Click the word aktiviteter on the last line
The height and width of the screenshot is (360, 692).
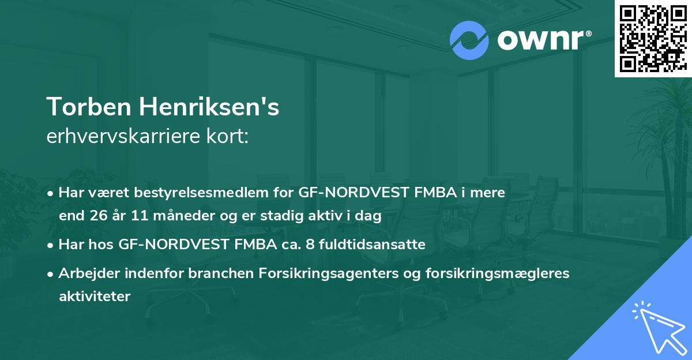pyautogui.click(x=95, y=296)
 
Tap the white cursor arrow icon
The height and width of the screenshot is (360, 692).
pyautogui.click(x=656, y=327)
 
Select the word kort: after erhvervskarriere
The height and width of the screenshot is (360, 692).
pyautogui.click(x=231, y=137)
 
